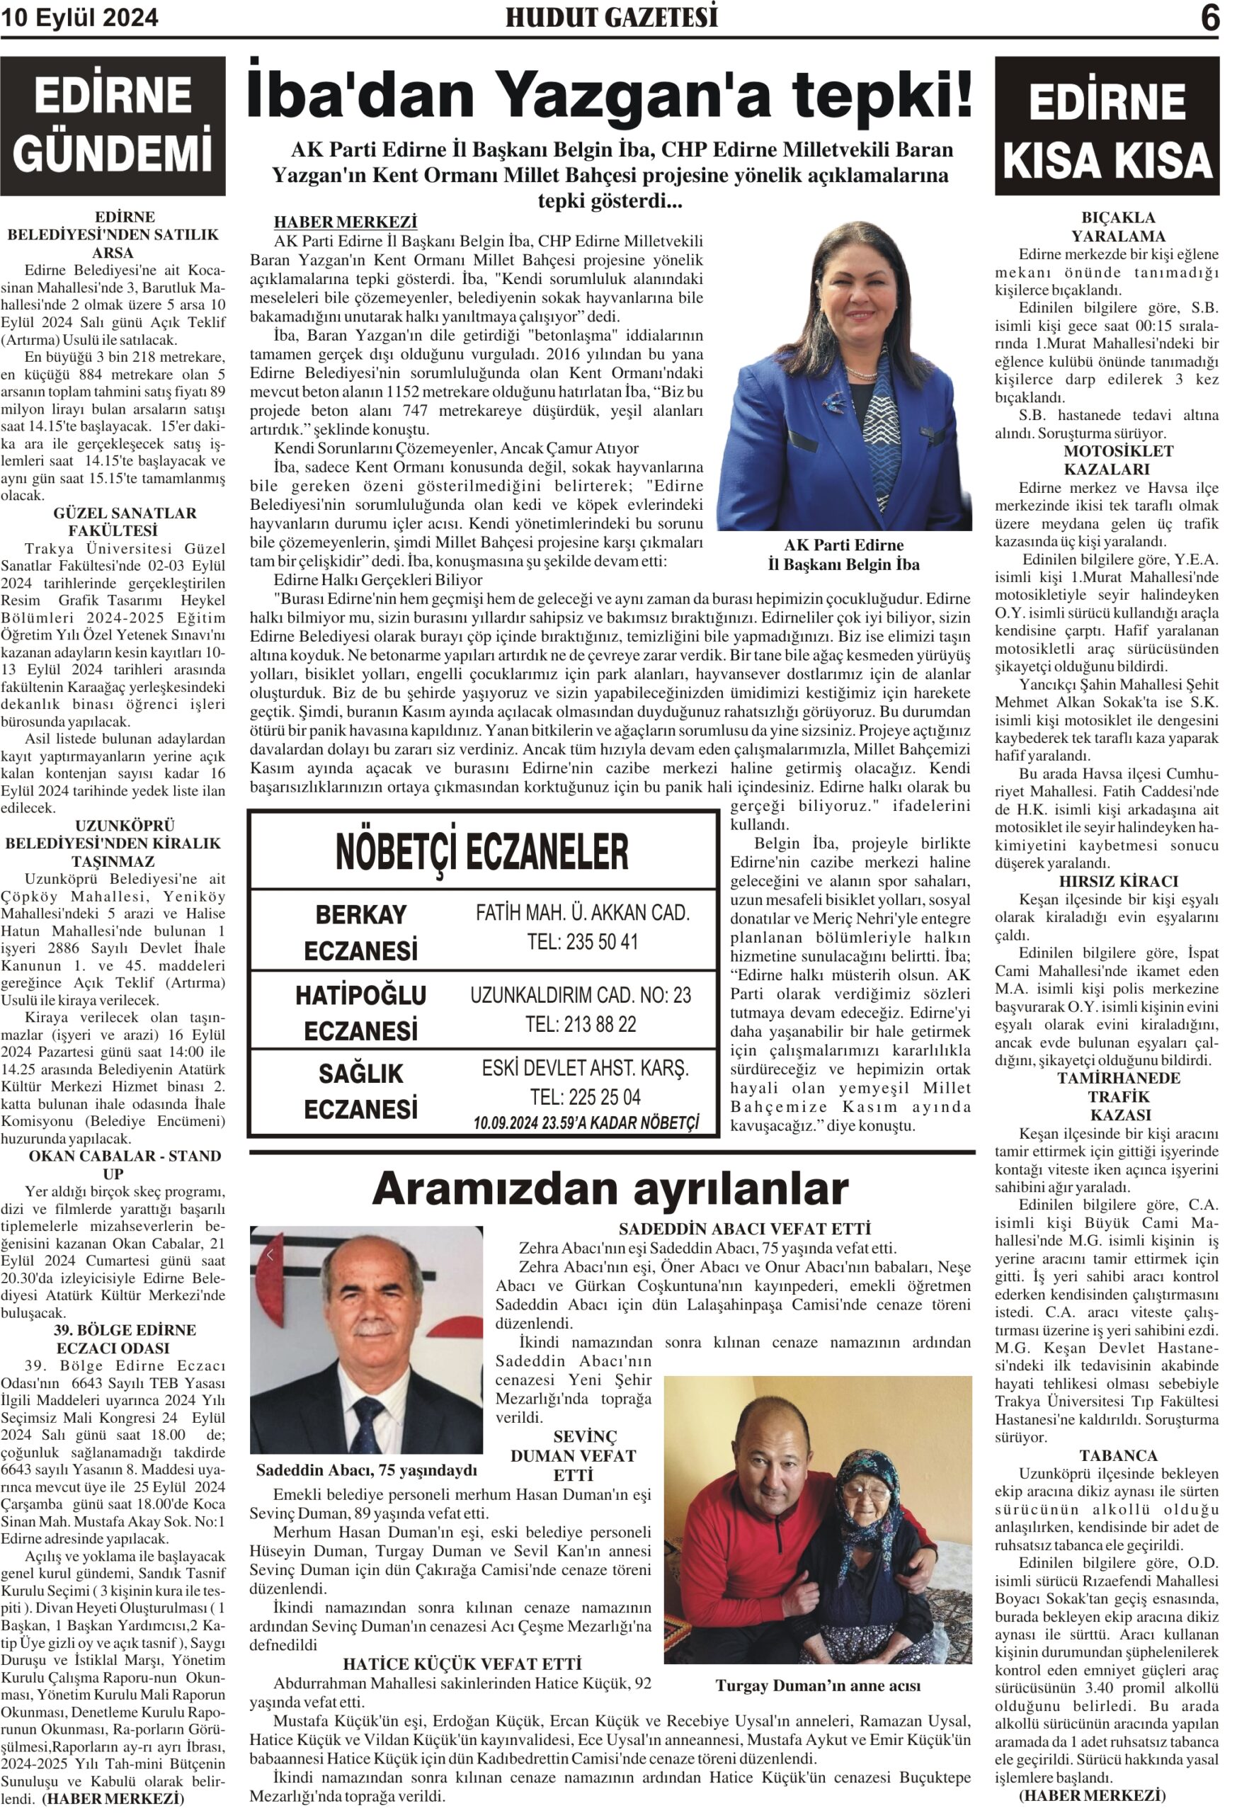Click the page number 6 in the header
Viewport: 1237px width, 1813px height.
click(x=1209, y=17)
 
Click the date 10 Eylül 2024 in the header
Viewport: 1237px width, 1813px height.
click(x=79, y=17)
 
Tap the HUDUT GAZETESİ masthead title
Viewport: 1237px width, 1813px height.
click(x=612, y=17)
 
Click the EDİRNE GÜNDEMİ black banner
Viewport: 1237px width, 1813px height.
click(x=113, y=125)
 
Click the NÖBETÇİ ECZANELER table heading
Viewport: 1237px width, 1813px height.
click(x=481, y=851)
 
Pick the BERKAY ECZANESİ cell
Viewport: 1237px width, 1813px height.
click(x=360, y=931)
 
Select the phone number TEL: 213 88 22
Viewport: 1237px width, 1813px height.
click(x=581, y=1024)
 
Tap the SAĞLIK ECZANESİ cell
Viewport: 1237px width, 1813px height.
click(x=360, y=1091)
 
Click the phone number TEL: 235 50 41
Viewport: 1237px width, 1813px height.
click(x=582, y=942)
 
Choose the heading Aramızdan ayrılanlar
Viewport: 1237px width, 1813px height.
click(x=610, y=1189)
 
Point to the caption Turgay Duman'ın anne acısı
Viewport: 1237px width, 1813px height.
click(x=817, y=1686)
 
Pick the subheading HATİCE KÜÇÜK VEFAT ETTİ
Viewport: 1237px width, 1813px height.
click(x=462, y=1664)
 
